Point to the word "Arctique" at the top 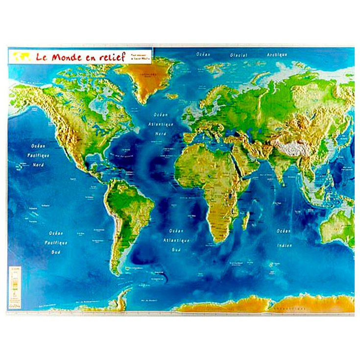click(x=277, y=55)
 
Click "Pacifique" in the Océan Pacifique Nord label click(x=38, y=155)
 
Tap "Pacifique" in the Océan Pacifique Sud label click(x=56, y=242)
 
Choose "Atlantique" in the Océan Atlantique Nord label click(x=161, y=125)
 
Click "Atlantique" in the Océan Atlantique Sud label click(x=179, y=240)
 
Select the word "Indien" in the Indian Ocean click(x=285, y=245)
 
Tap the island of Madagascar click(x=245, y=220)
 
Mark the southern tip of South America click(x=118, y=272)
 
